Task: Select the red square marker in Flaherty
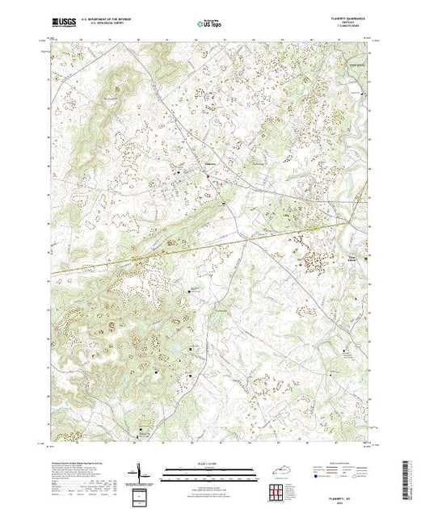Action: pyautogui.click(x=207, y=178)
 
